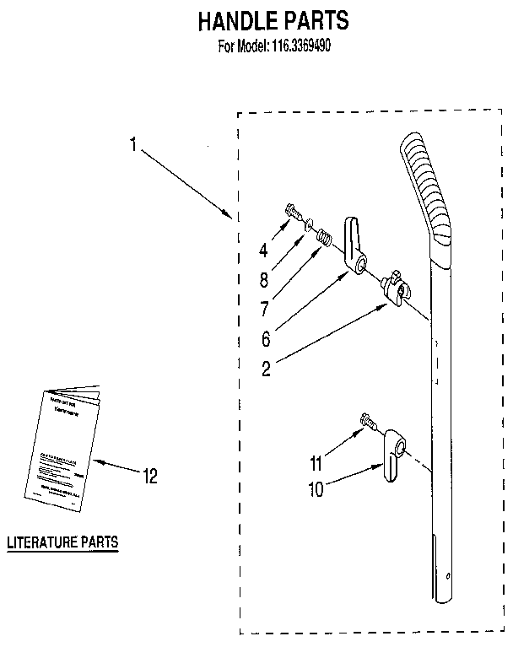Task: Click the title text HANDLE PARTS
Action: click(x=273, y=21)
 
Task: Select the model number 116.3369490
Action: click(x=300, y=47)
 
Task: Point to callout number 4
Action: click(x=263, y=250)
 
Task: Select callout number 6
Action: click(x=265, y=338)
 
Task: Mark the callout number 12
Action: click(x=149, y=477)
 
